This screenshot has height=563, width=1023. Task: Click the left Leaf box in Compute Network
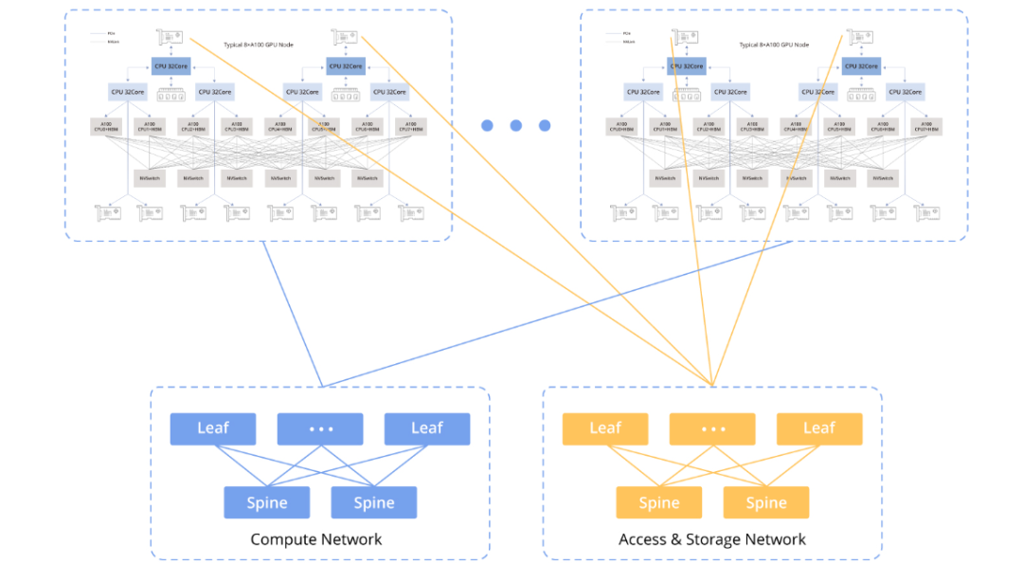(x=213, y=428)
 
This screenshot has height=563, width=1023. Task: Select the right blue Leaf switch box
(x=427, y=428)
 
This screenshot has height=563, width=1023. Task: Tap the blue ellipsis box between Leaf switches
(x=320, y=428)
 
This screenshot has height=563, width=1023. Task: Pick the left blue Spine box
(x=266, y=502)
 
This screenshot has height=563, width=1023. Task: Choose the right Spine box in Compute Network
(x=374, y=502)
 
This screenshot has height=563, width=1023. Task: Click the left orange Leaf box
(x=605, y=428)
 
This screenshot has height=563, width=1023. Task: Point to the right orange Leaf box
(x=819, y=428)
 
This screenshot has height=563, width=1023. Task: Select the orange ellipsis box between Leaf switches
(x=712, y=428)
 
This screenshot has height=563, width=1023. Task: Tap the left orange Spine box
(x=659, y=502)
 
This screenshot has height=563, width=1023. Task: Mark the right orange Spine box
(x=766, y=502)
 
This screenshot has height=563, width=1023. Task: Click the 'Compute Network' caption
(x=316, y=539)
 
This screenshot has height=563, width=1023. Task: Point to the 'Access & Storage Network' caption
(x=712, y=539)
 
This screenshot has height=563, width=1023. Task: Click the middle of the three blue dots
(x=516, y=125)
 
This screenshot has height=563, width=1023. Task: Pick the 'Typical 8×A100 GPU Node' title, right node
(x=774, y=45)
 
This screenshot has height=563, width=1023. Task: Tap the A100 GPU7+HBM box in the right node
(x=925, y=126)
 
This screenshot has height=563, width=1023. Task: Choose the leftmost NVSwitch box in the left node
(x=150, y=177)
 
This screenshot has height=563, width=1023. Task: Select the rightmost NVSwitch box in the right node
(x=882, y=177)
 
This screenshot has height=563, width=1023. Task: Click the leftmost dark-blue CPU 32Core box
(x=170, y=65)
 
